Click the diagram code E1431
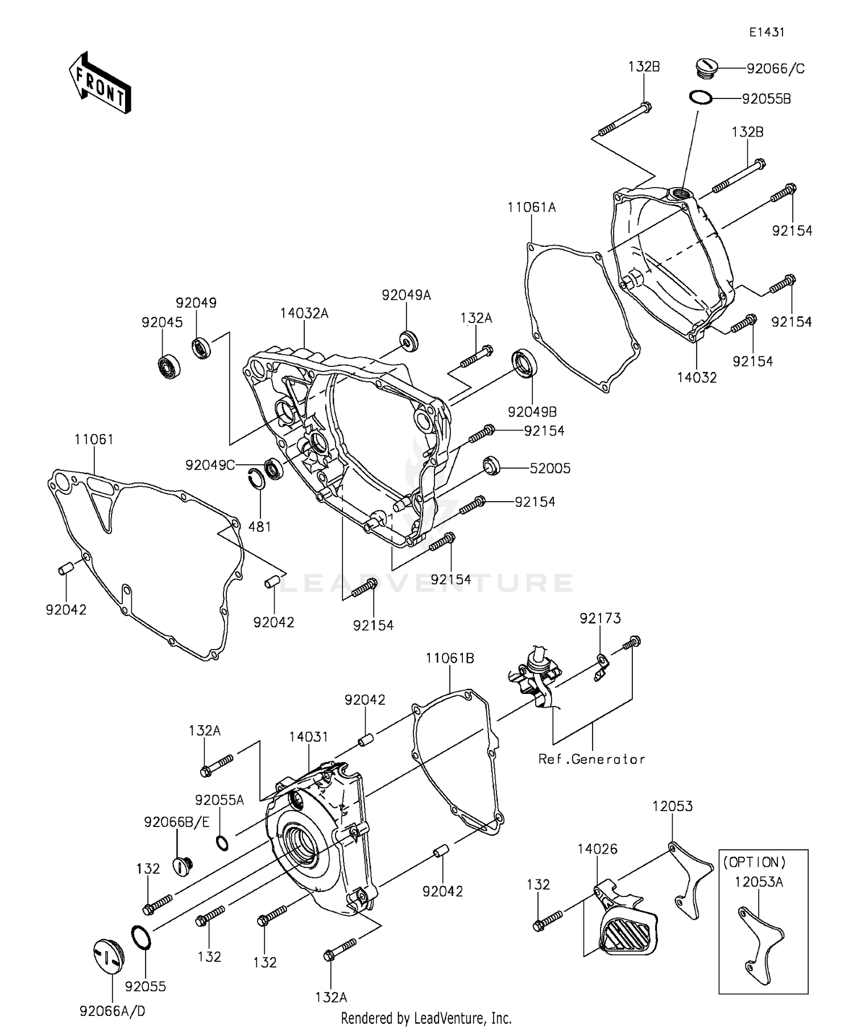(766, 32)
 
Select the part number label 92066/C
(776, 69)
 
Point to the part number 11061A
(532, 208)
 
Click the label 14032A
(304, 313)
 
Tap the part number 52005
(550, 468)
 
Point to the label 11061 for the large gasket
(94, 440)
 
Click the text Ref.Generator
(591, 759)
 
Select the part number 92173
(601, 618)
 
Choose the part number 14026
(597, 849)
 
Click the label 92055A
(220, 800)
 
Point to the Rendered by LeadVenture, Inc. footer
(426, 1018)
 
